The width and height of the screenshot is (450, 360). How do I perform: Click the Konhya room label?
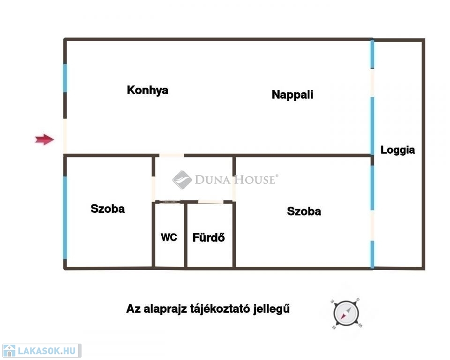click(x=148, y=90)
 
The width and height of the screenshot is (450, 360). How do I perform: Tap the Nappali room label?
click(x=292, y=95)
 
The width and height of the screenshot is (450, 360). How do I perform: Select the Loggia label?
click(x=397, y=150)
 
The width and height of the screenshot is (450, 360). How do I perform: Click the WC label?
click(x=169, y=237)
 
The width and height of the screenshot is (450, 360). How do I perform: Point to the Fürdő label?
click(x=209, y=237)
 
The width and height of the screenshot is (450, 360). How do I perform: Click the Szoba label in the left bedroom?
click(x=108, y=209)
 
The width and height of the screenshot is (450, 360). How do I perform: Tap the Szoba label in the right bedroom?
click(x=304, y=211)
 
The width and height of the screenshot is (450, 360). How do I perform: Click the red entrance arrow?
click(x=45, y=140)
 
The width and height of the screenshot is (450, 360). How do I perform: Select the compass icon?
click(x=346, y=313)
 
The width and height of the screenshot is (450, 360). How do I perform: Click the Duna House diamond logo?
click(x=182, y=180)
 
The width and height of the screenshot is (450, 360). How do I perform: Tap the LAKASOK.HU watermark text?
click(x=47, y=351)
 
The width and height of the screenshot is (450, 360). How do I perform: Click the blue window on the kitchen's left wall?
click(x=65, y=78)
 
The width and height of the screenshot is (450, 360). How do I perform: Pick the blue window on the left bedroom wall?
click(x=65, y=217)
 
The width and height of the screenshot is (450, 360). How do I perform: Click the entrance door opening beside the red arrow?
click(x=65, y=136)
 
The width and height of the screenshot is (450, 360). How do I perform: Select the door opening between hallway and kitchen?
click(x=172, y=155)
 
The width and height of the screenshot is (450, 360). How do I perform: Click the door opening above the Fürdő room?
click(x=210, y=202)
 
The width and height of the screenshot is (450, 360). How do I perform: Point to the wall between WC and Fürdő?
click(x=186, y=235)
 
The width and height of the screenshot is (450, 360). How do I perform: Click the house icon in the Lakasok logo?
click(x=9, y=351)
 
